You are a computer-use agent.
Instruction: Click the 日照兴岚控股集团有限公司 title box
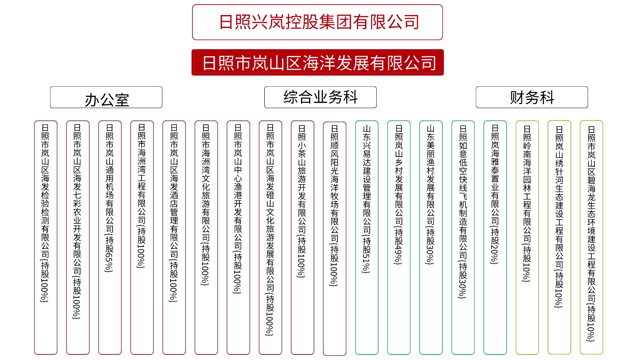[318, 22]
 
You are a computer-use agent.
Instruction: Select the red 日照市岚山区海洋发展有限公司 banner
[318, 62]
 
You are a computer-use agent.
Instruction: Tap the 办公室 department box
[106, 97]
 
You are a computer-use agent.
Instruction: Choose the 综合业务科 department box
[320, 97]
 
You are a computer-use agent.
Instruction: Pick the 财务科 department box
[532, 97]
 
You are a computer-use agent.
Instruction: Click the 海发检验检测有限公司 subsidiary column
[46, 237]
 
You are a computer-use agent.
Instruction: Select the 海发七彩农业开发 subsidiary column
[78, 237]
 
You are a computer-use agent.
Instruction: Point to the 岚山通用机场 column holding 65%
[110, 237]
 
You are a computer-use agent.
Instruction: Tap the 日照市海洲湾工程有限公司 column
[142, 237]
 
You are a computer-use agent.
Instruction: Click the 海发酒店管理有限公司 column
[174, 237]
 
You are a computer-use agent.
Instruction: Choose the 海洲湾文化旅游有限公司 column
[206, 237]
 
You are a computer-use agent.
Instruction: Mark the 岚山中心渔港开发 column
[238, 237]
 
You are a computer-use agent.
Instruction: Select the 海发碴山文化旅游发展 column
[270, 237]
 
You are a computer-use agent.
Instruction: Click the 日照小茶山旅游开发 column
[303, 237]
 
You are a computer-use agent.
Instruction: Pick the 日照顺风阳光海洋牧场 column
[335, 239]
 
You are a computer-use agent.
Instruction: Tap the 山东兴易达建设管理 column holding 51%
[366, 237]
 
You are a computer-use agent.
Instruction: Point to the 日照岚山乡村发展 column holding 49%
[399, 237]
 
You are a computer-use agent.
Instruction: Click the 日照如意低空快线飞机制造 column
[463, 237]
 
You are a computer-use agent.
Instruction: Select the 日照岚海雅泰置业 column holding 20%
[495, 237]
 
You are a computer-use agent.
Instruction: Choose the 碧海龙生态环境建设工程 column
[591, 237]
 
